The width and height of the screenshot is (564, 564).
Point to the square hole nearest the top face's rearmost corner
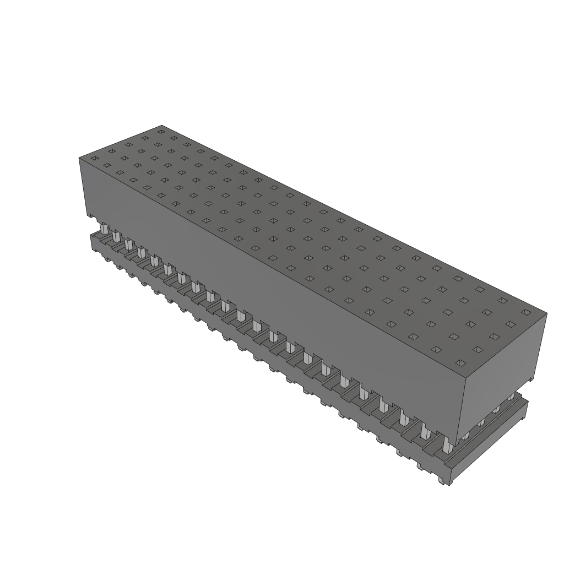161,132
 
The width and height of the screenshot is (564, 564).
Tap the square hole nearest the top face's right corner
526,312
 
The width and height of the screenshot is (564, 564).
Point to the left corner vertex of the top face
79,158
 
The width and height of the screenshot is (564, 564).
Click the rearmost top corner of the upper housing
162,125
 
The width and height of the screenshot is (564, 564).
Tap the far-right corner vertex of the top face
546,314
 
